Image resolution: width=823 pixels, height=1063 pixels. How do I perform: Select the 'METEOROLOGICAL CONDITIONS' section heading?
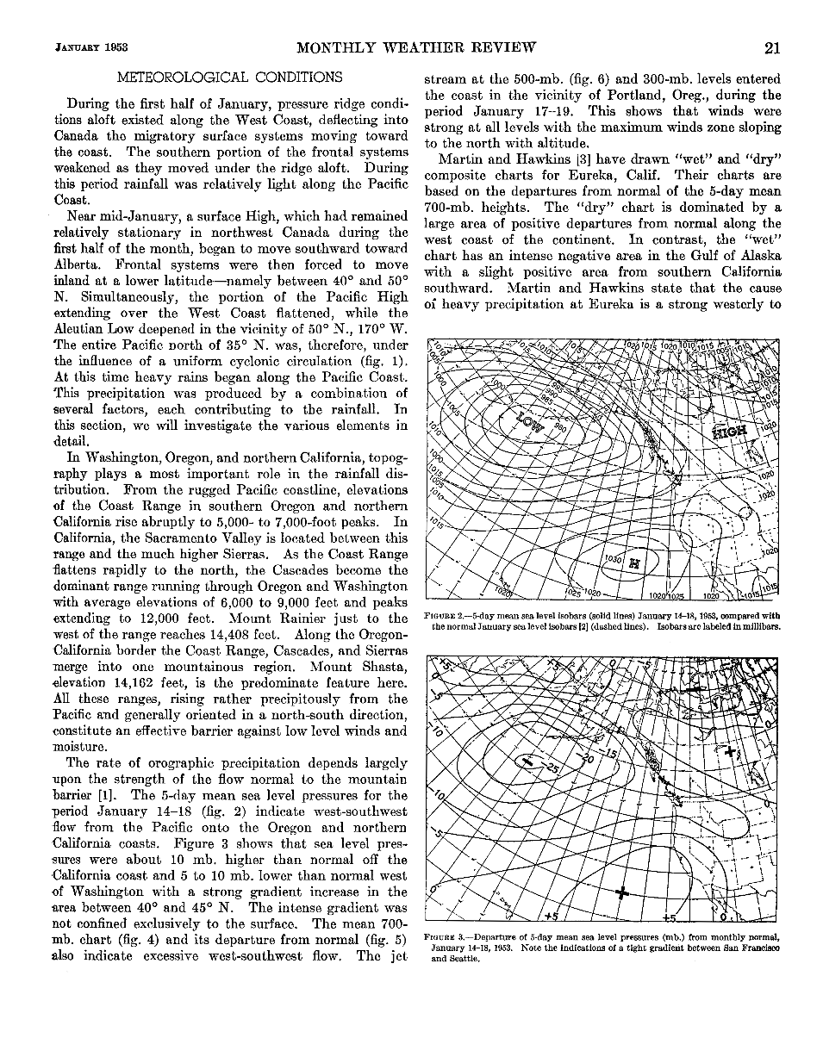pyautogui.click(x=229, y=78)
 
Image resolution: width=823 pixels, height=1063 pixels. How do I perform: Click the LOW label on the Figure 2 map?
pyautogui.click(x=529, y=422)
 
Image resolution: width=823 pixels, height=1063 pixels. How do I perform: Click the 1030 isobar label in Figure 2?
pyautogui.click(x=614, y=559)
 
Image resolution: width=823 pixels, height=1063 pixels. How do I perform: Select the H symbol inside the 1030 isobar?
pyautogui.click(x=634, y=563)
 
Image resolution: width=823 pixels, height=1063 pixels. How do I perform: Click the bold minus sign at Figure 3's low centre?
pyautogui.click(x=525, y=761)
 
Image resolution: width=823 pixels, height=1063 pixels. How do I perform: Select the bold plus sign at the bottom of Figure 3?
pyautogui.click(x=622, y=892)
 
